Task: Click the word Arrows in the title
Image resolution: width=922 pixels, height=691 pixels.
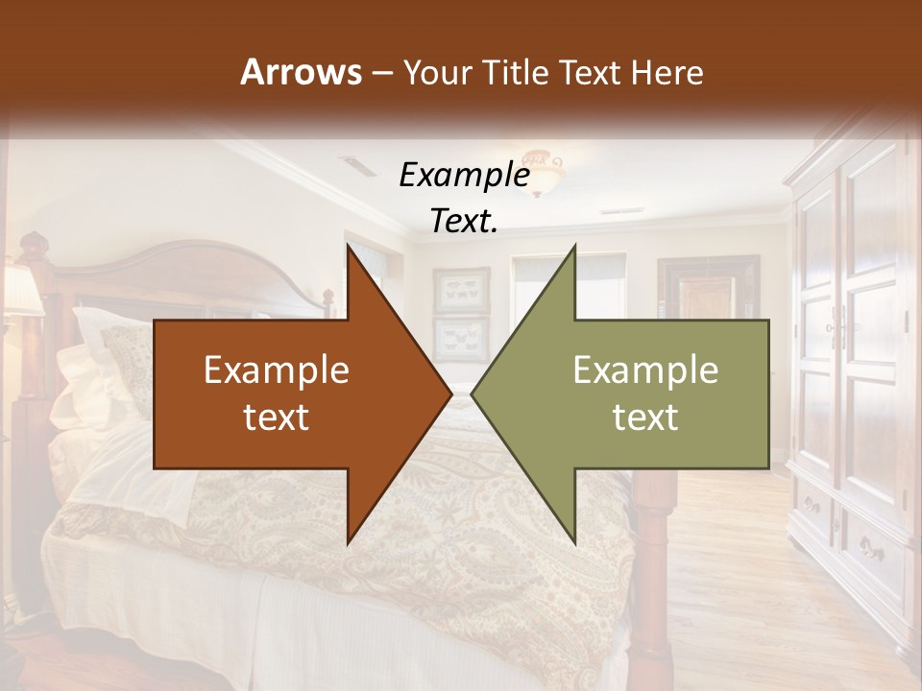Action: [x=301, y=72]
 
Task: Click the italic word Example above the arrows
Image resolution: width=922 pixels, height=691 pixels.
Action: [x=464, y=175]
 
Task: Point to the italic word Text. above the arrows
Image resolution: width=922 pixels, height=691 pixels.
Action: [x=464, y=221]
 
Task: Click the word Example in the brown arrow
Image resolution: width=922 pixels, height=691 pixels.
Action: [x=277, y=370]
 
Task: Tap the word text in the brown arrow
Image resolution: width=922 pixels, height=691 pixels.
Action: [x=277, y=417]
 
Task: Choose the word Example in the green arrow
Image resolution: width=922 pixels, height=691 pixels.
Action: [x=645, y=370]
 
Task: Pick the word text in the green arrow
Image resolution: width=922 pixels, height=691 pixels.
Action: [x=645, y=417]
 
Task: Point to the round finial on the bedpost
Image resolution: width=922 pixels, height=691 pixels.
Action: [x=34, y=242]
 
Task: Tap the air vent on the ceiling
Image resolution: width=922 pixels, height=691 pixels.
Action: [x=358, y=166]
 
